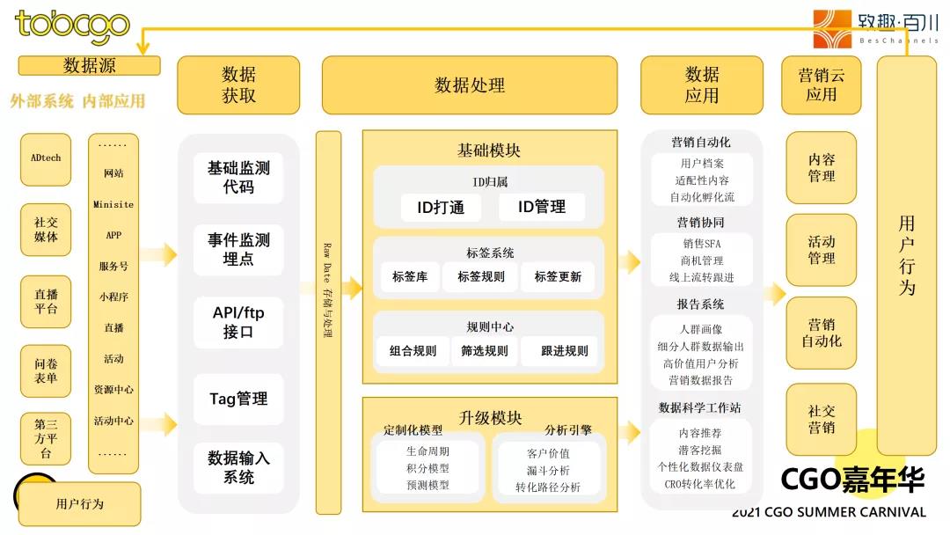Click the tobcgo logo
click(x=72, y=26)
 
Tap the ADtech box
click(x=46, y=158)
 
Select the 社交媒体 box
click(x=46, y=231)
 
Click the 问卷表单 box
click(x=46, y=370)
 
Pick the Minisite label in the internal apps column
click(x=113, y=204)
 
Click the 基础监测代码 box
click(x=238, y=177)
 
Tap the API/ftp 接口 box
click(x=238, y=322)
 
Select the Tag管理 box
click(x=238, y=399)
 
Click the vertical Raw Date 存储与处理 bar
click(x=328, y=322)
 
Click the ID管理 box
click(x=541, y=207)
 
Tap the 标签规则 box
click(x=481, y=276)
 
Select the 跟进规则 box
click(x=565, y=350)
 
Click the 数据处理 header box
click(x=470, y=85)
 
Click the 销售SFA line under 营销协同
click(x=701, y=244)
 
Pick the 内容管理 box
click(x=821, y=168)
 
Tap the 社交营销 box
click(x=821, y=419)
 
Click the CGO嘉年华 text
click(x=852, y=480)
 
